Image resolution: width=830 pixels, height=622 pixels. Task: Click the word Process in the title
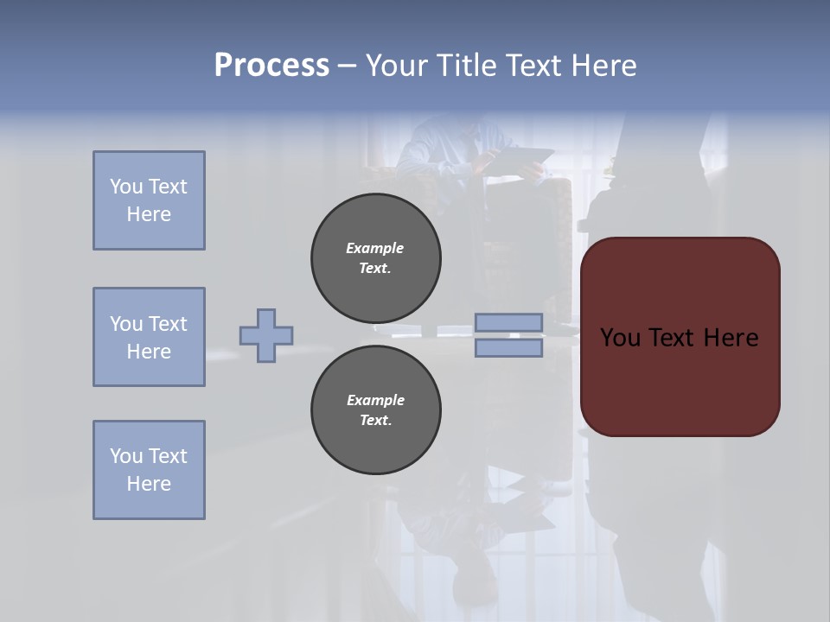click(x=271, y=66)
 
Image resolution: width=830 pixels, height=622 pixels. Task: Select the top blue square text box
click(x=149, y=200)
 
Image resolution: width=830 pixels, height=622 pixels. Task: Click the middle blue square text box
click(x=149, y=337)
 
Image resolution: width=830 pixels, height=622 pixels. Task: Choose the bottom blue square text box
click(x=149, y=470)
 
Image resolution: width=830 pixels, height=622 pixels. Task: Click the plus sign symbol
click(x=266, y=335)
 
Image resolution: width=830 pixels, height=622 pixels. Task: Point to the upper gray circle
click(x=376, y=258)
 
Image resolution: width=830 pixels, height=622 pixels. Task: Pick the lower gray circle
click(x=376, y=410)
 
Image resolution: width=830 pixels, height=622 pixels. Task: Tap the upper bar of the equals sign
click(x=508, y=322)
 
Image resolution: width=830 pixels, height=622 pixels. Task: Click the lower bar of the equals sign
click(x=508, y=347)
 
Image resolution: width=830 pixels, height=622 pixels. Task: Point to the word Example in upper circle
click(x=375, y=248)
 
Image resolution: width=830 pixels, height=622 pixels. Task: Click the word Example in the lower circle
click(x=375, y=400)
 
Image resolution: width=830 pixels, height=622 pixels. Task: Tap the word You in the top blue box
click(x=125, y=187)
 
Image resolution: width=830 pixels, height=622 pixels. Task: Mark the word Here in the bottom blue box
click(x=149, y=484)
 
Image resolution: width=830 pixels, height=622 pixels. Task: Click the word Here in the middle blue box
click(x=149, y=352)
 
